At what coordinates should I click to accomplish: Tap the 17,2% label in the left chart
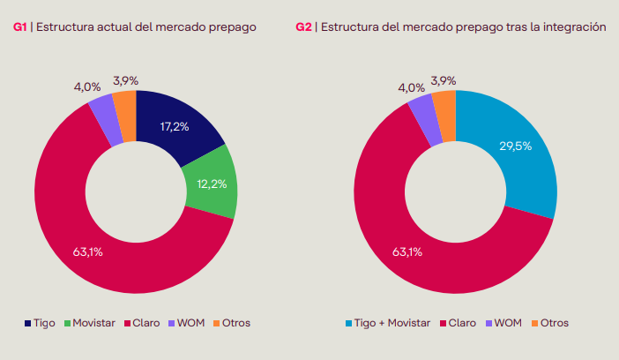[x=175, y=127]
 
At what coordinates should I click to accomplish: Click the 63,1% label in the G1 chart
[x=88, y=252]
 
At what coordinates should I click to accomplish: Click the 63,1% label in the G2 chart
[x=407, y=252]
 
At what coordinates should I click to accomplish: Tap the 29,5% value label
[x=516, y=146]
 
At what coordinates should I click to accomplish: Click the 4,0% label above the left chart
[x=86, y=87]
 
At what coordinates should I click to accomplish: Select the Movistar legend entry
[x=87, y=323]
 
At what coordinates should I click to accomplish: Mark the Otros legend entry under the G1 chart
[x=231, y=323]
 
